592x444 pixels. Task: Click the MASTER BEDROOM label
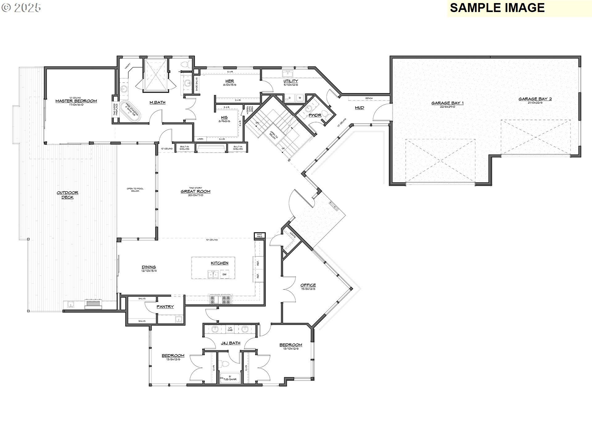[76, 101]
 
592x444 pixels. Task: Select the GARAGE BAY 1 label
[447, 103]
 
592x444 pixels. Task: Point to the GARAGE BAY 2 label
[535, 99]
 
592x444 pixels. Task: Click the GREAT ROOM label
[195, 191]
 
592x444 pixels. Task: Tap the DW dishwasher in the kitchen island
[224, 274]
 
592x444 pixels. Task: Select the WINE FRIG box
[259, 236]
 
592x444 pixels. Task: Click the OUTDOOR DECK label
[68, 195]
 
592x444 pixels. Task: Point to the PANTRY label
[165, 307]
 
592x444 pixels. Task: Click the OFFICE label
[308, 285]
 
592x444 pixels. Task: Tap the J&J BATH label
[230, 343]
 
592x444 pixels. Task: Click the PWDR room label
[315, 115]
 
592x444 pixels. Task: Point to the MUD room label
[360, 108]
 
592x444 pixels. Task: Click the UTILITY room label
[291, 81]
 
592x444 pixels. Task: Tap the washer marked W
[299, 98]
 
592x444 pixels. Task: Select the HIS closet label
[224, 117]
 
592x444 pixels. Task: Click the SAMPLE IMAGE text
[497, 8]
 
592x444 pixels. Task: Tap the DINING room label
[149, 267]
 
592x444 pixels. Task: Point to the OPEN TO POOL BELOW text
[135, 190]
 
